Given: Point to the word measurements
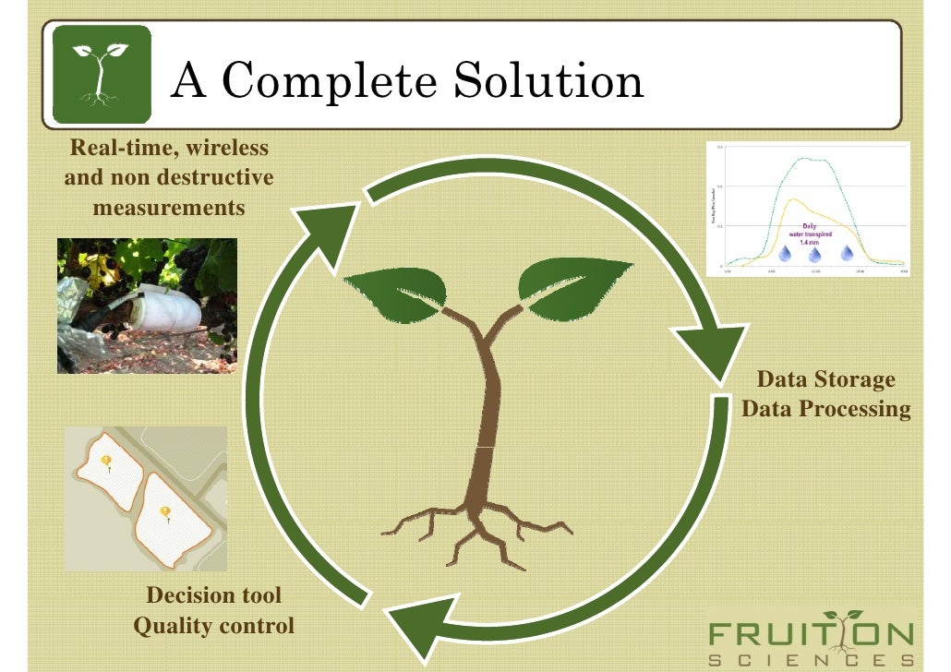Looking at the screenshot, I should (170, 207).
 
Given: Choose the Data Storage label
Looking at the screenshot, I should (825, 379).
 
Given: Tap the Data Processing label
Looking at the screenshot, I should (825, 408).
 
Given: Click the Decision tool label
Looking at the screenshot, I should (214, 595).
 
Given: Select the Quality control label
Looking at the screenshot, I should (214, 626).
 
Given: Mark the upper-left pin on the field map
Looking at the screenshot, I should (107, 462).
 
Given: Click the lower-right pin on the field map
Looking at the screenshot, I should (165, 513).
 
